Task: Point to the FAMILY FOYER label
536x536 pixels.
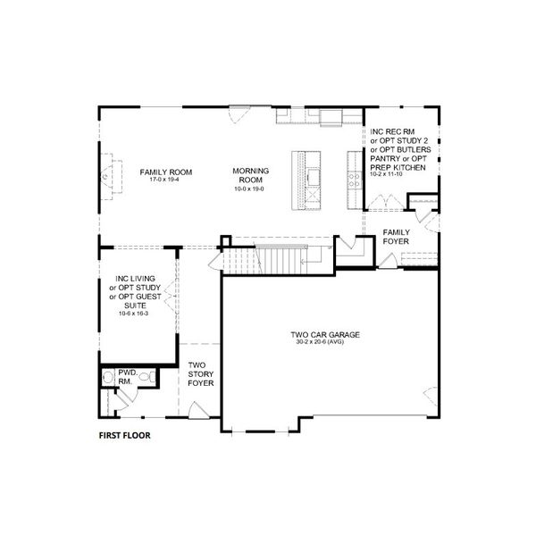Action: [x=397, y=238]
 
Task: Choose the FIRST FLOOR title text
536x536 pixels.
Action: [x=124, y=437]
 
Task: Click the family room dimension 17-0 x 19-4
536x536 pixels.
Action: [x=160, y=180]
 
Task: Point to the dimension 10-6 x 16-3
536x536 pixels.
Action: [x=134, y=314]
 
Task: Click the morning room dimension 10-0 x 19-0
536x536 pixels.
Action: [x=250, y=188]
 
